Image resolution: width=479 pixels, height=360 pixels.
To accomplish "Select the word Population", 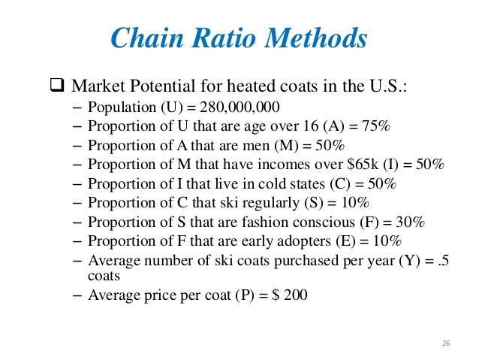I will (x=116, y=105).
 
